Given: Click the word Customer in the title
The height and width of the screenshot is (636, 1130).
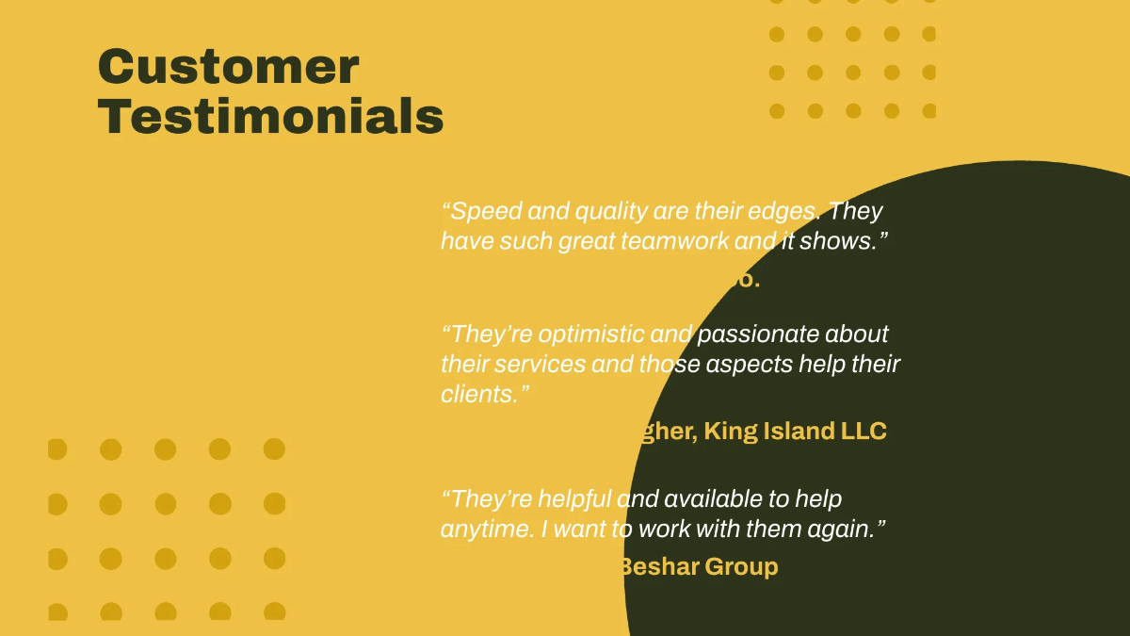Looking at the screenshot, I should [x=228, y=68].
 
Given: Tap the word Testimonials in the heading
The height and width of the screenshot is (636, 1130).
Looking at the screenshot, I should [x=270, y=117].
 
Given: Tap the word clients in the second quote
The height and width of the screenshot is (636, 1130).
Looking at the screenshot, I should [x=478, y=394].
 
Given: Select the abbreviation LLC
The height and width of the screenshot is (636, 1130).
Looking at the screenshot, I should [x=864, y=432].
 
